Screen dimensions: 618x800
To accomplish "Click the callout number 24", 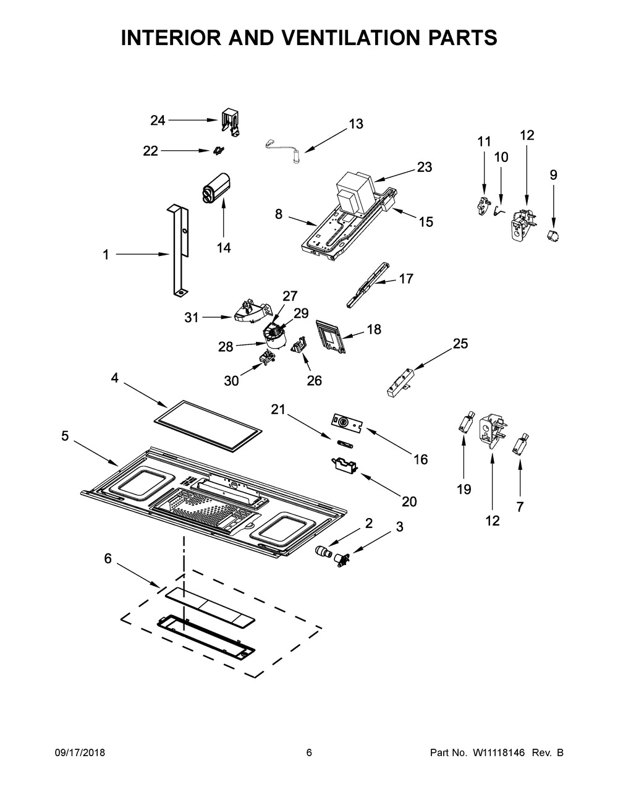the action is (158, 121).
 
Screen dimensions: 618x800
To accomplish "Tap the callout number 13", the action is (356, 124).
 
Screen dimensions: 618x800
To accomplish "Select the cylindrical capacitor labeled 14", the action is (215, 187).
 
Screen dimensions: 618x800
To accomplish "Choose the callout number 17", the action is (406, 279).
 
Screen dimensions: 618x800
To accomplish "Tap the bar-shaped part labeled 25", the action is (400, 383).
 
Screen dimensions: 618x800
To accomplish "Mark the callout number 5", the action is (65, 436).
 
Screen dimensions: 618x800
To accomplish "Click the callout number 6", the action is (108, 558).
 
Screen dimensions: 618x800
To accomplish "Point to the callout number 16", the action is (420, 459).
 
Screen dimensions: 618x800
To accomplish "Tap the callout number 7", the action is (519, 507).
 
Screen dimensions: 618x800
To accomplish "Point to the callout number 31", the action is (192, 317).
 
